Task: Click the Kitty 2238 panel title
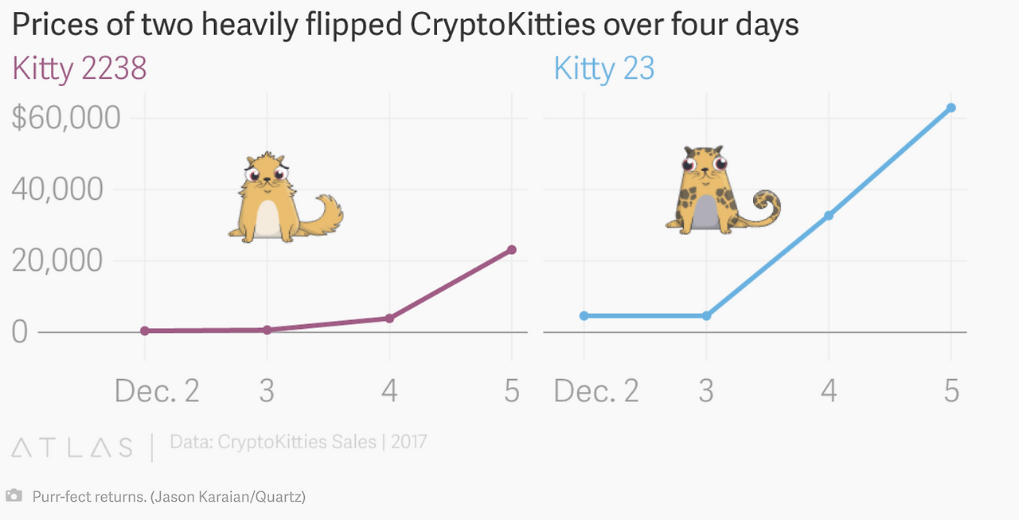pyautogui.click(x=80, y=68)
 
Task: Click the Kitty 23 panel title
pyautogui.click(x=604, y=68)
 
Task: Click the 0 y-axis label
pyautogui.click(x=20, y=331)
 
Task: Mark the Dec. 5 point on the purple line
pyautogui.click(x=512, y=249)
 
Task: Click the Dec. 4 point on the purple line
pyautogui.click(x=389, y=318)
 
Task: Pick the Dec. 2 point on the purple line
pyautogui.click(x=145, y=330)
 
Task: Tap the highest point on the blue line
pyautogui.click(x=951, y=108)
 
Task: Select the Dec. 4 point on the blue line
pyautogui.click(x=829, y=215)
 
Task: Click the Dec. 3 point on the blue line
pyautogui.click(x=706, y=315)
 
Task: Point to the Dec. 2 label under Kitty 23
pyautogui.click(x=596, y=391)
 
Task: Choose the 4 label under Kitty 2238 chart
pyautogui.click(x=389, y=391)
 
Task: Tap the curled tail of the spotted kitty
pyautogui.click(x=766, y=206)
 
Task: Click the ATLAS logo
pyautogui.click(x=72, y=447)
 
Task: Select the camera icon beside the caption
pyautogui.click(x=14, y=496)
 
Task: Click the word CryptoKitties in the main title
pyautogui.click(x=502, y=25)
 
